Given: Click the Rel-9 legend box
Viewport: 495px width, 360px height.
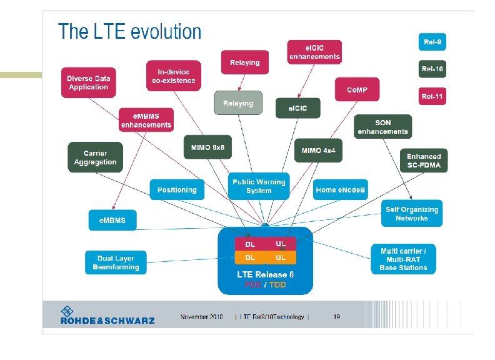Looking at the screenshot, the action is coord(432,42).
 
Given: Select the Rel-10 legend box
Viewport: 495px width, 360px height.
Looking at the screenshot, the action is coord(432,69).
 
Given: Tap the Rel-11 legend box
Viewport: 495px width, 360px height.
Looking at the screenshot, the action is coord(432,96).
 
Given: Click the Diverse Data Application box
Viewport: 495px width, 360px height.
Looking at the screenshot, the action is coord(89,82).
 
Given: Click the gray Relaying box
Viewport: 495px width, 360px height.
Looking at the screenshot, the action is coord(238,103).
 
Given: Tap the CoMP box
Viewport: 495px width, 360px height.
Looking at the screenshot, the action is coord(357,90).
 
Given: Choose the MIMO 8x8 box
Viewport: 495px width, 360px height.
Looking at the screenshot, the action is coord(208,147).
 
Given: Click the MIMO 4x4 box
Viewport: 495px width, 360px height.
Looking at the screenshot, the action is coord(318,151).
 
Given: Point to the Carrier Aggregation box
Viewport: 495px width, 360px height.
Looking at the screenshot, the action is coord(95,157).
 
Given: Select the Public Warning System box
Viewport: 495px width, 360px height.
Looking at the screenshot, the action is coord(259,186).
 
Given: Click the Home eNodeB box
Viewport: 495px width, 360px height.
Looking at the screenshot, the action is coord(341,189).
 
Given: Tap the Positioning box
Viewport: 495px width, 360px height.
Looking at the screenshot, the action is coord(177,189).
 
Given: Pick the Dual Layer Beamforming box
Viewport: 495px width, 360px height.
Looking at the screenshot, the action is coord(116,262).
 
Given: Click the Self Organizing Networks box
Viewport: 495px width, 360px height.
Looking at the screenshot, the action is coord(411,214).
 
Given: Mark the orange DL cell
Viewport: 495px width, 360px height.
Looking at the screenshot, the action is coord(249,257).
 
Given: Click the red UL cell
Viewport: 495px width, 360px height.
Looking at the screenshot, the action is coord(281,243).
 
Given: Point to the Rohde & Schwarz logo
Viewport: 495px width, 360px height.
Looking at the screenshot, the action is coord(107,315).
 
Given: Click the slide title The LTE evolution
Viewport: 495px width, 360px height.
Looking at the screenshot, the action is coord(130,32).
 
